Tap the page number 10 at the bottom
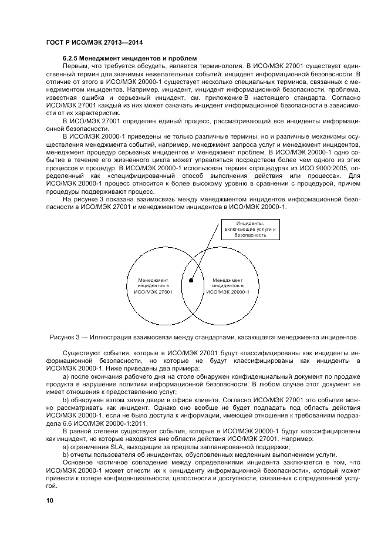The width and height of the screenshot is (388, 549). (x=50, y=500)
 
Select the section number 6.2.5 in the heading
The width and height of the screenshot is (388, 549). (x=71, y=59)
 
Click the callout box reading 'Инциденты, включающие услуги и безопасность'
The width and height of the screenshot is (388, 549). (x=249, y=229)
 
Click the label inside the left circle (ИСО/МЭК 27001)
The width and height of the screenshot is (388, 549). (x=153, y=286)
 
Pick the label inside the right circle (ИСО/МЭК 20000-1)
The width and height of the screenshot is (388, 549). (x=228, y=286)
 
